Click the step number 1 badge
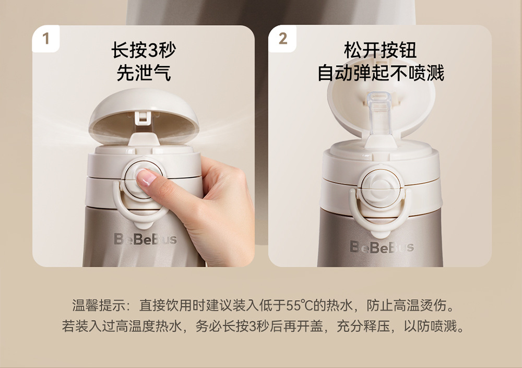tap(46, 39)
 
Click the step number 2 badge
tap(282, 39)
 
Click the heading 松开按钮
tap(380, 51)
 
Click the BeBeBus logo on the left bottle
tap(145, 240)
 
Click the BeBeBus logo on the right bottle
tap(382, 246)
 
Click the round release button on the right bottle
tap(379, 184)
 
